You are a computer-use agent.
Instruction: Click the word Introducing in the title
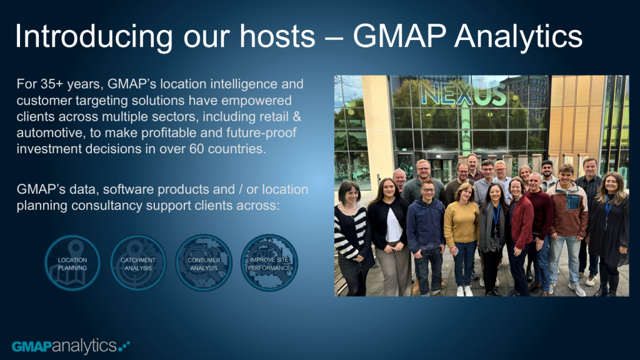[x=94, y=37]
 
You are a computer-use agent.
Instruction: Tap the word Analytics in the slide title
[x=518, y=37]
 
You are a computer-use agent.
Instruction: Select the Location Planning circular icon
[x=72, y=263]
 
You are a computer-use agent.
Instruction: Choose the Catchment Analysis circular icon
[x=138, y=263]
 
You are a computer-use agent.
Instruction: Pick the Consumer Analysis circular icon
[x=204, y=263]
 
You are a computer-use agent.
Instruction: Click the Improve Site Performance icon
[x=269, y=263]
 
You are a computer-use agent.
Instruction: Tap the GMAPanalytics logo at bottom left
[x=71, y=346]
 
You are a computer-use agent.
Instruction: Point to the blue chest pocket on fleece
[x=574, y=201]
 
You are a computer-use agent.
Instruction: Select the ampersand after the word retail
[x=297, y=117]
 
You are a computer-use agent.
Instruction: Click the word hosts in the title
[x=277, y=37]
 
